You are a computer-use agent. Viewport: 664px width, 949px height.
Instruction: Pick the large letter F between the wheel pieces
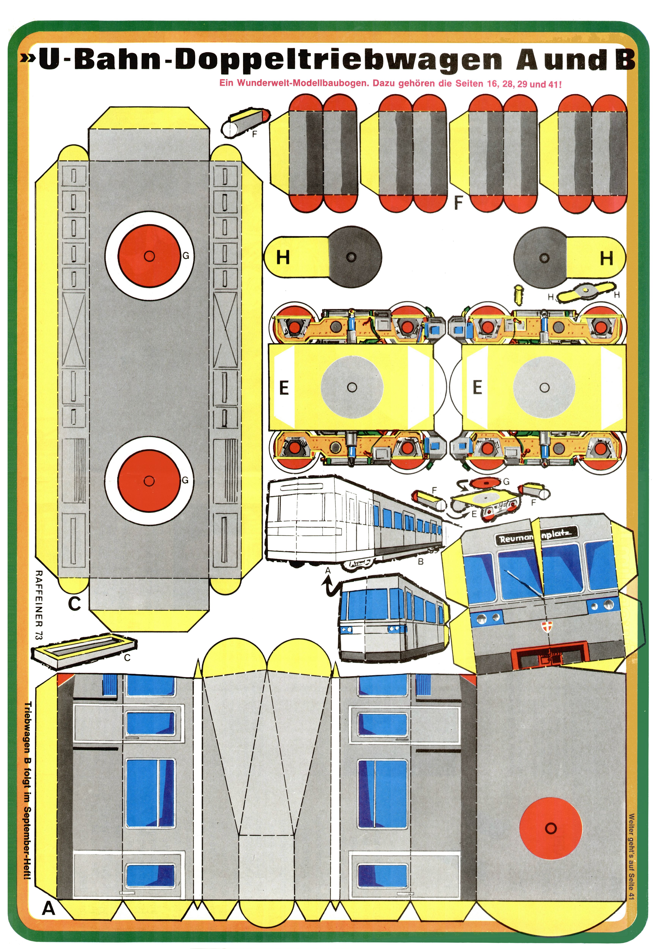[458, 203]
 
